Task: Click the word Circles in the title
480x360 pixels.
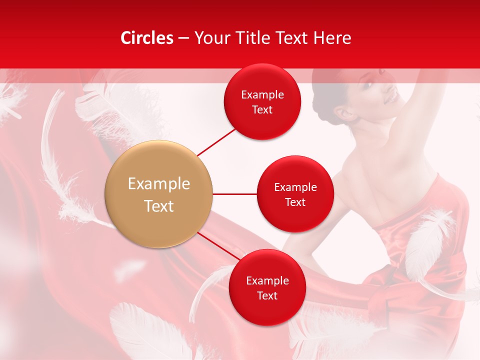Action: pyautogui.click(x=146, y=38)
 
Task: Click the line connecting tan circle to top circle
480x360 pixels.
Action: pyautogui.click(x=216, y=141)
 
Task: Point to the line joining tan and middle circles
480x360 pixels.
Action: pyautogui.click(x=234, y=194)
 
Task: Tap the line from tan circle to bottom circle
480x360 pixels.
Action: pyautogui.click(x=219, y=246)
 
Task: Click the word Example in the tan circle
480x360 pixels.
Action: pyautogui.click(x=159, y=184)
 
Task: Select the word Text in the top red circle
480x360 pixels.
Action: pyautogui.click(x=262, y=110)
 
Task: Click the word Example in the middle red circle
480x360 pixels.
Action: pyautogui.click(x=295, y=187)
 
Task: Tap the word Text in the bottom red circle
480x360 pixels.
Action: pyautogui.click(x=267, y=295)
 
